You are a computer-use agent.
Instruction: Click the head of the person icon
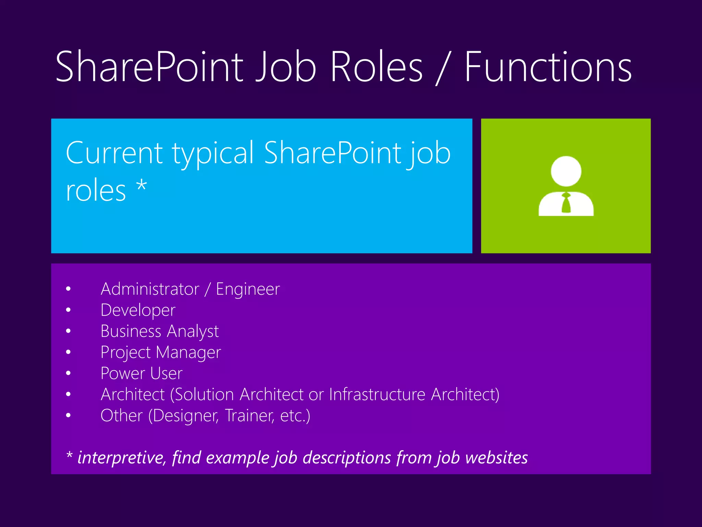(566, 171)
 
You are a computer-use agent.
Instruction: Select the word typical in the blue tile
(213, 153)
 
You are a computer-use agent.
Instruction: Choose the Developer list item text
(138, 311)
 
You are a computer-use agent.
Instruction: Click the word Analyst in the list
(193, 332)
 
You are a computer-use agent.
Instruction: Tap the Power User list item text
(141, 374)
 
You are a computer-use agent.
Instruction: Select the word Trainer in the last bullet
(249, 415)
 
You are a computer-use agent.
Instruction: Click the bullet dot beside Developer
(68, 310)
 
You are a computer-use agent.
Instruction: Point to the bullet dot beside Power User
(68, 373)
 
